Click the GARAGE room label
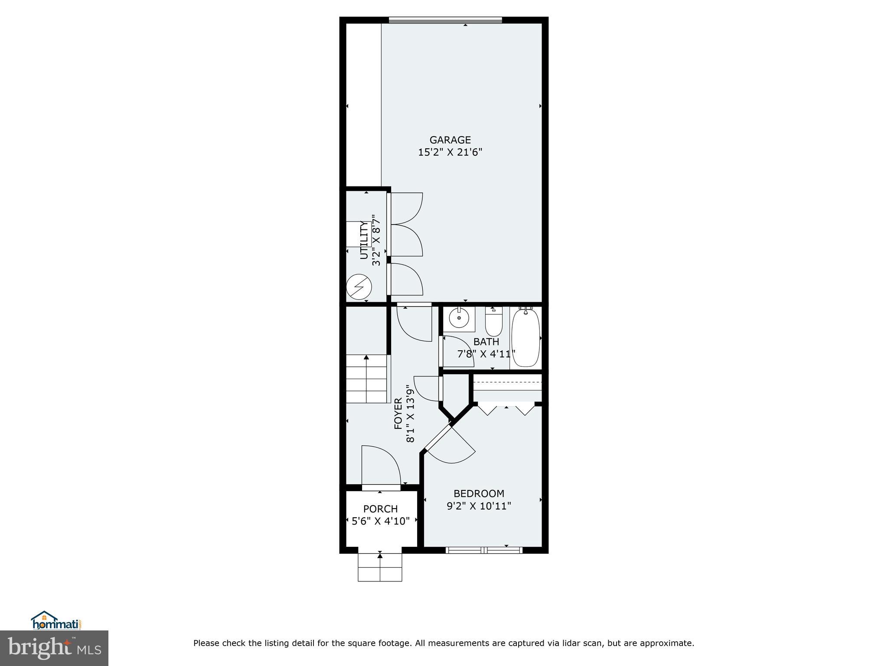[450, 140]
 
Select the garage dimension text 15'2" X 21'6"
[450, 153]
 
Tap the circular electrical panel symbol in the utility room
[359, 287]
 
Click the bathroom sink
[459, 319]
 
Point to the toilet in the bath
[493, 321]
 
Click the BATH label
[486, 342]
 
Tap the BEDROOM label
[479, 493]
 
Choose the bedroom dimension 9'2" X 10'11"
[479, 506]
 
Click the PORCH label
[380, 509]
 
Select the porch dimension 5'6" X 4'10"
[380, 521]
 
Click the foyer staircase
[366, 379]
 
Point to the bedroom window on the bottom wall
[484, 550]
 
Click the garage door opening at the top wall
[445, 20]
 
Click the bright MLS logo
[54, 648]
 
